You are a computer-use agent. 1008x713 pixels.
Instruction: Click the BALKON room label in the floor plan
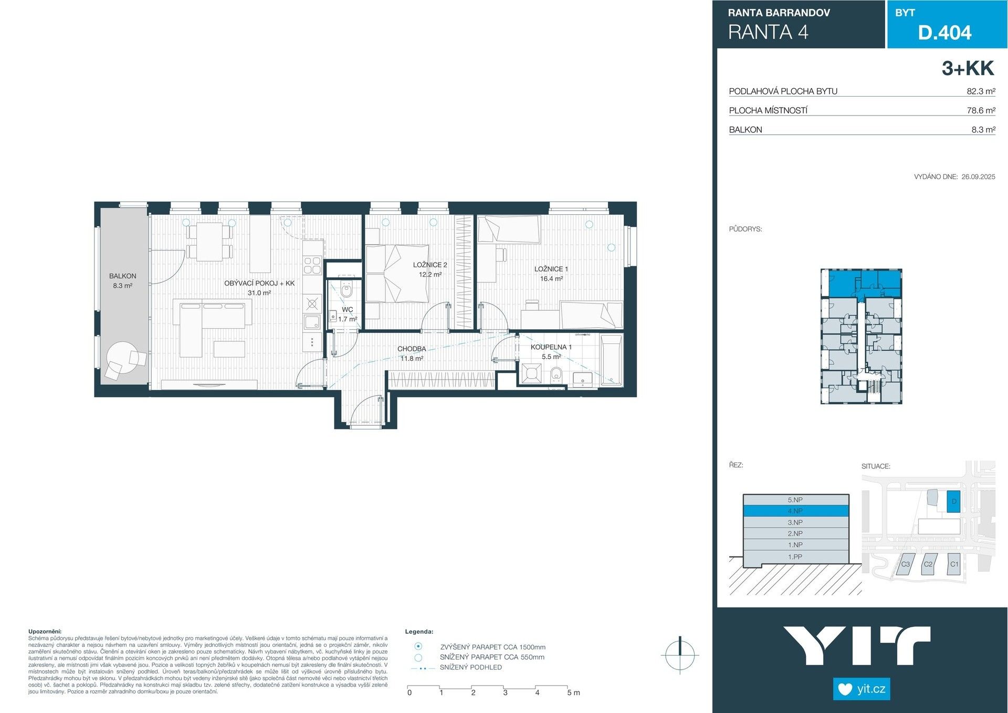(122, 276)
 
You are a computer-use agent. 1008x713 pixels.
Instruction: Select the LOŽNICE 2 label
(429, 265)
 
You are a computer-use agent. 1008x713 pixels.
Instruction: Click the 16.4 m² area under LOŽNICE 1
(551, 279)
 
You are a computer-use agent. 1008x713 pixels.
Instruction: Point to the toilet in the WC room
(346, 289)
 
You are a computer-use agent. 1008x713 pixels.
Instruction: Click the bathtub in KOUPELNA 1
(611, 361)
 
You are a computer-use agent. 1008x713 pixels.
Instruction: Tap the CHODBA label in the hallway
(411, 349)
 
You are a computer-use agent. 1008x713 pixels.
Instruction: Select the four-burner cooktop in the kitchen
(312, 266)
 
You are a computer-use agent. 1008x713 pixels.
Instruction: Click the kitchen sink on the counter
(312, 322)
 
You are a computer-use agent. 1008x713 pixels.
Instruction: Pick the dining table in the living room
(209, 242)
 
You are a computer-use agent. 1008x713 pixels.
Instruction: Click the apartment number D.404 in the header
(944, 33)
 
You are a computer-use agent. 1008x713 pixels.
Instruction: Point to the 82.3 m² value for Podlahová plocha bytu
(981, 91)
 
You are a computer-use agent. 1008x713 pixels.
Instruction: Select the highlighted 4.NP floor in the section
(795, 511)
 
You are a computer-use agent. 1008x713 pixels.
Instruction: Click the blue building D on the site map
(953, 501)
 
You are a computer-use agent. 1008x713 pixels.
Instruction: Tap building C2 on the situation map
(928, 564)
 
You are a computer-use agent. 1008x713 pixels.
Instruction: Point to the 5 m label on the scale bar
(573, 693)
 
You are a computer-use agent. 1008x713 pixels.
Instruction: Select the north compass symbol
(680, 655)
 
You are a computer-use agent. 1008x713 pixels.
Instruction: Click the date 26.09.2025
(978, 177)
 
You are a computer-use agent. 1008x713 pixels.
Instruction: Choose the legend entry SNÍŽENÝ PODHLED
(470, 667)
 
